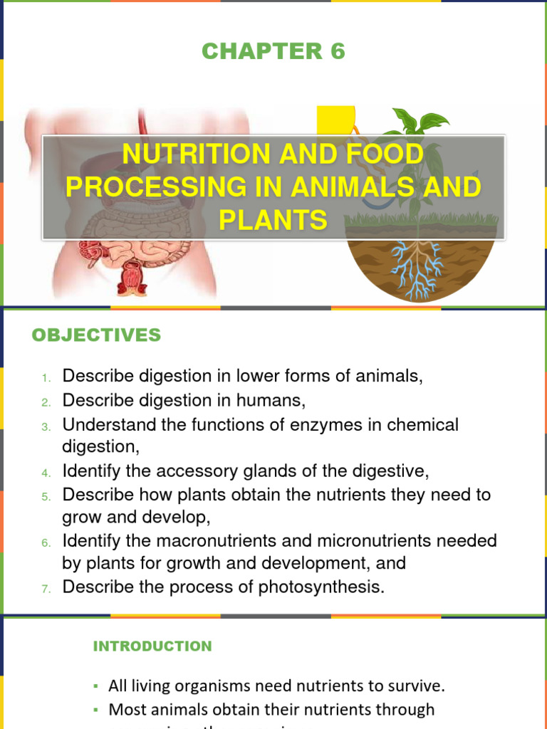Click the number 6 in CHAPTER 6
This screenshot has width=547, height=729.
(336, 51)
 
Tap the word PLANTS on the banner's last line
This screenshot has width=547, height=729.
(273, 220)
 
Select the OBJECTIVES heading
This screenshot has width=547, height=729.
(96, 335)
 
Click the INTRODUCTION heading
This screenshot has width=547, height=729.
(152, 646)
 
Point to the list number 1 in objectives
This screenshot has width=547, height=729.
(44, 377)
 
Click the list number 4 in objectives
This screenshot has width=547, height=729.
(44, 473)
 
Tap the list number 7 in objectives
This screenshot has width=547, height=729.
(44, 588)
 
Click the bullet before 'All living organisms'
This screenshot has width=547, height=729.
(95, 687)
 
